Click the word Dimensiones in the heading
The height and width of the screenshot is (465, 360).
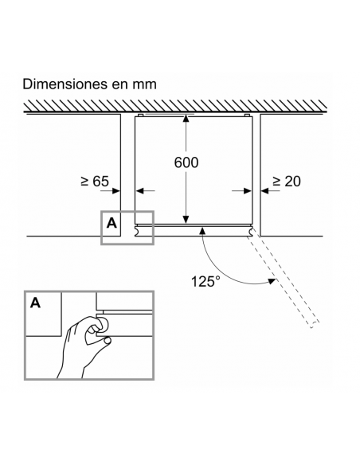click(x=65, y=84)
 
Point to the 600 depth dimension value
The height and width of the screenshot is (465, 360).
click(x=186, y=162)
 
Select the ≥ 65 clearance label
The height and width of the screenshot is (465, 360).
click(x=95, y=182)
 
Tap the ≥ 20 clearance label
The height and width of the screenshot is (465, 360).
click(x=287, y=182)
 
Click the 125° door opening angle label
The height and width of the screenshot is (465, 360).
click(x=205, y=281)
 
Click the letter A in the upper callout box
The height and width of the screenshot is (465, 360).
click(x=112, y=223)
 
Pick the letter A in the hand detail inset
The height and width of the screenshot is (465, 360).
click(x=35, y=303)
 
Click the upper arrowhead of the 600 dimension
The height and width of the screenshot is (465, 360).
click(x=186, y=119)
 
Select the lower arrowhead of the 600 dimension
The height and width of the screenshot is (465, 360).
click(x=186, y=220)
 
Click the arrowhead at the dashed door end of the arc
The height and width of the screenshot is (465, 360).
click(x=272, y=281)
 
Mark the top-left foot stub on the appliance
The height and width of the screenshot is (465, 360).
click(x=141, y=115)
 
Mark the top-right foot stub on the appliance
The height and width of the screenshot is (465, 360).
click(x=247, y=115)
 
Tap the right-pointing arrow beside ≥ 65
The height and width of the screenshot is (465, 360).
click(x=111, y=190)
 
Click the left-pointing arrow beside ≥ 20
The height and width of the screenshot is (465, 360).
click(x=271, y=190)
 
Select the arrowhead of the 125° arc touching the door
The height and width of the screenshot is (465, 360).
click(x=203, y=229)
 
